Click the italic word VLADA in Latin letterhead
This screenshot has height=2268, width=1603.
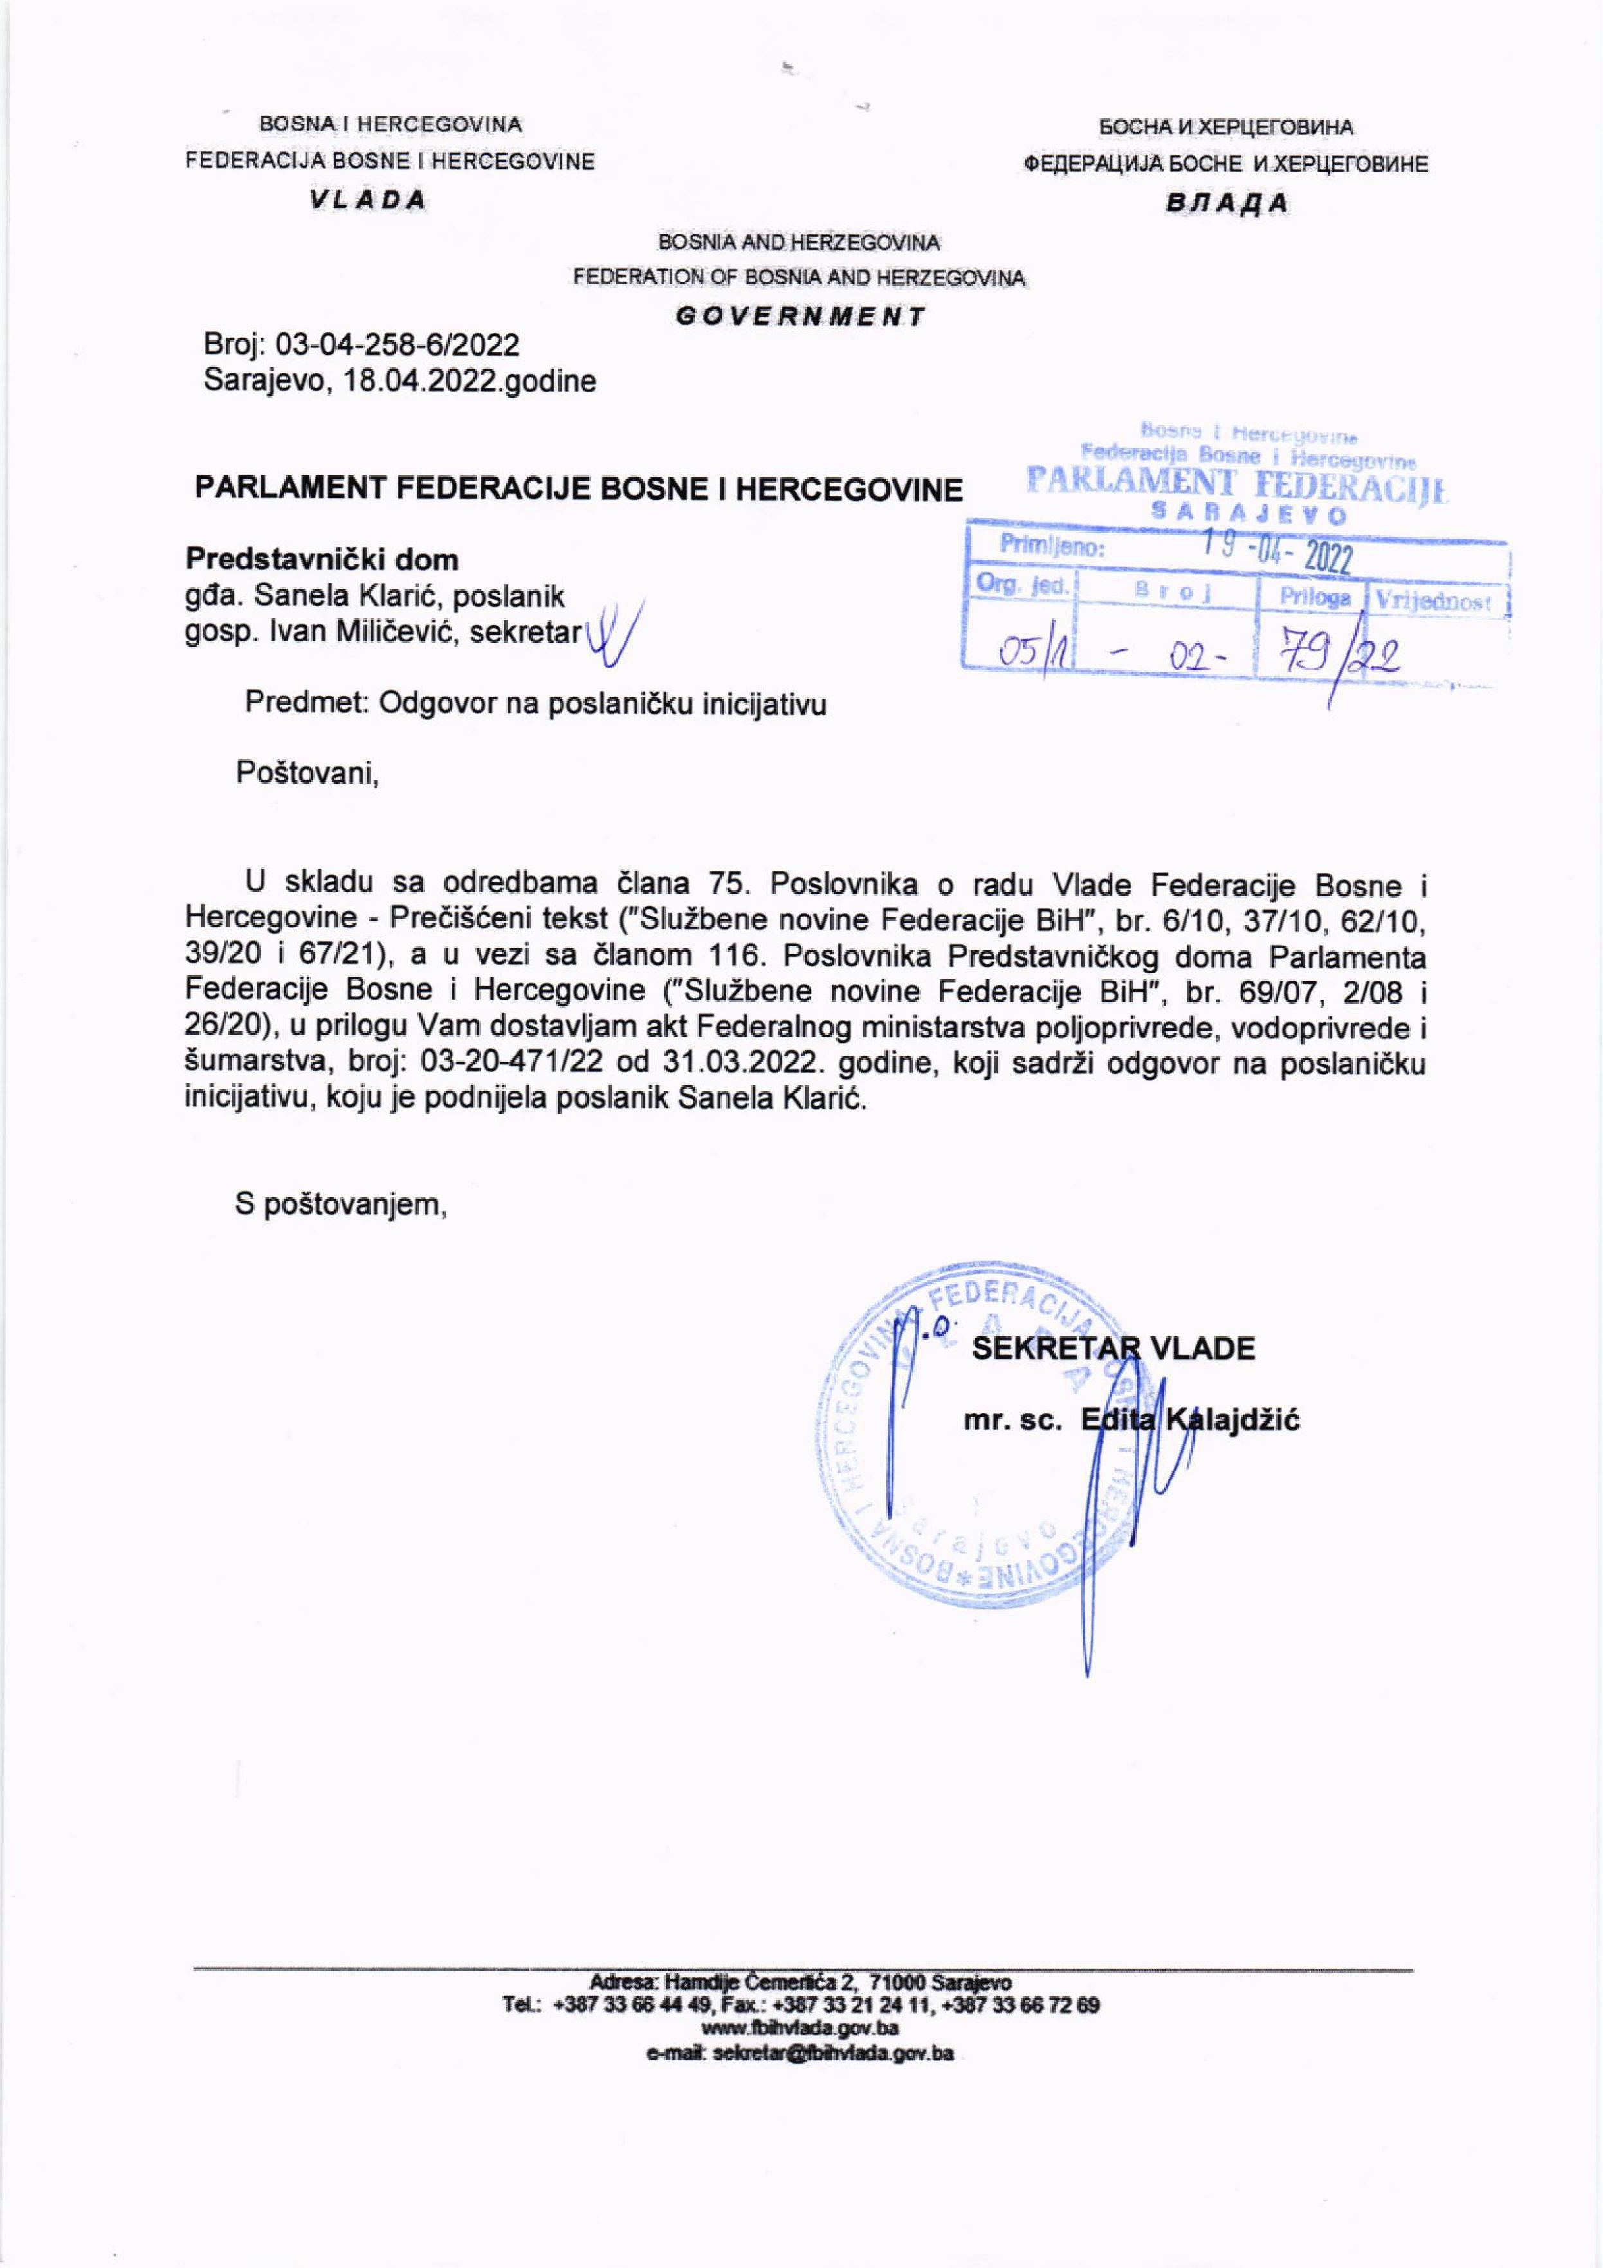pyautogui.click(x=367, y=199)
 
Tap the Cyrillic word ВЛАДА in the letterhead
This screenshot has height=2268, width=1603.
pyautogui.click(x=1228, y=203)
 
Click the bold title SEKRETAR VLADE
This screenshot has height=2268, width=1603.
pyautogui.click(x=1113, y=1349)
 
